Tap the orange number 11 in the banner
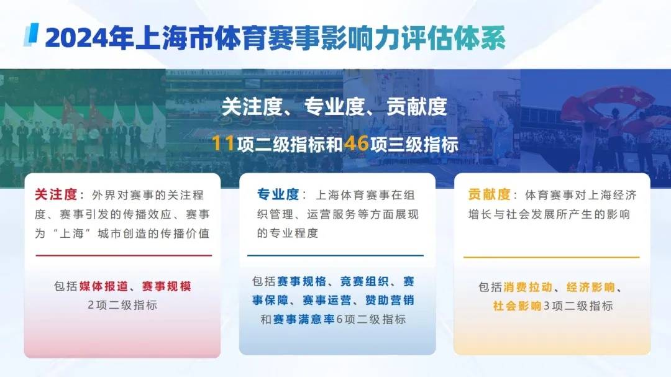point(222,144)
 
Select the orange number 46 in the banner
point(357,144)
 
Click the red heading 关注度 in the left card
point(55,194)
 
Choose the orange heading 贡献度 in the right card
point(488,194)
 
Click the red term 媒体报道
point(103,286)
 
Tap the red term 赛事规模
point(166,286)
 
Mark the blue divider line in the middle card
point(335,255)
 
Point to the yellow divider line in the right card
point(551,257)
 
